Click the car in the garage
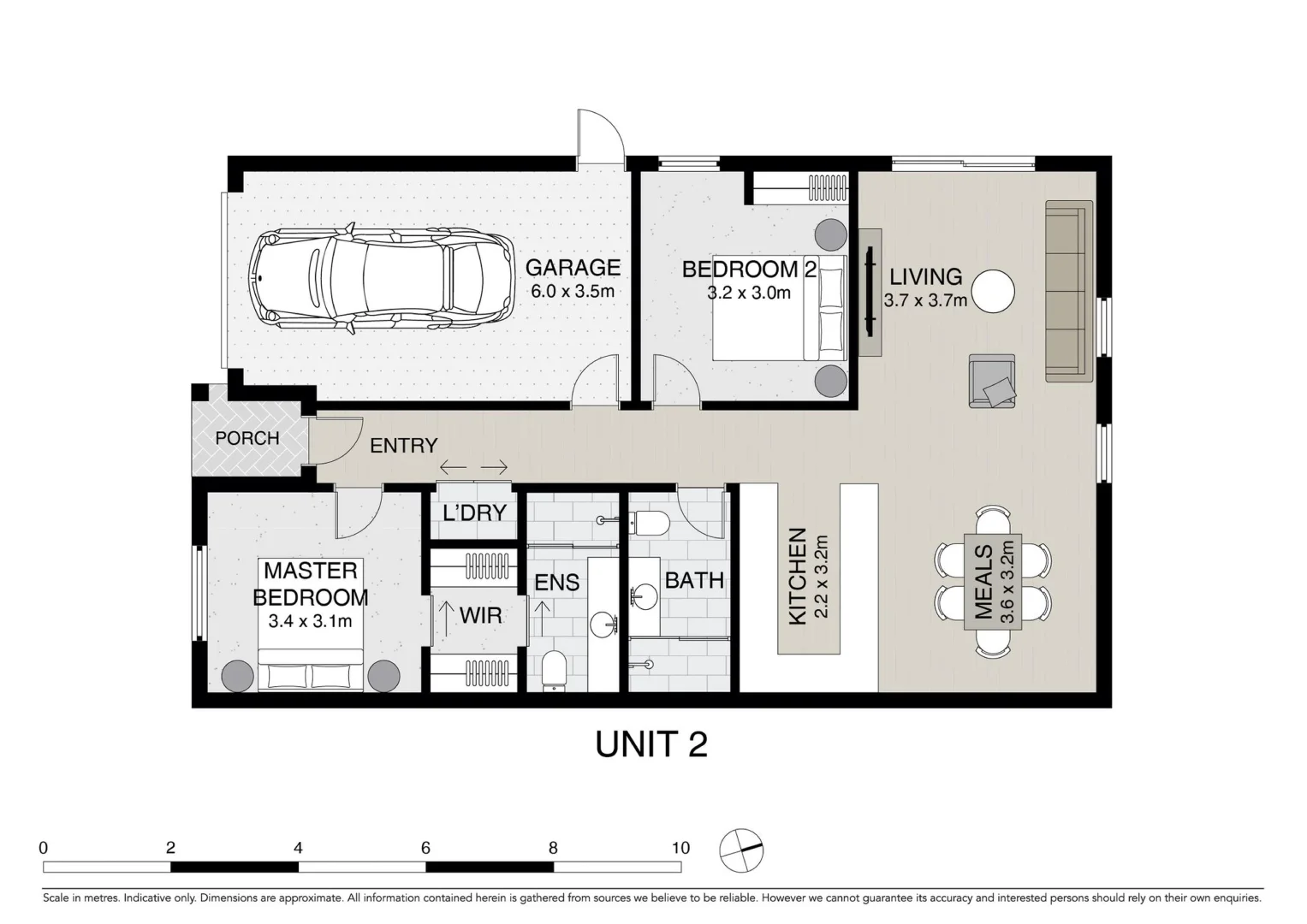click(x=381, y=279)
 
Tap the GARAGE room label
click(x=573, y=268)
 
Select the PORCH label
click(x=247, y=438)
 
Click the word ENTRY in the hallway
click(x=403, y=446)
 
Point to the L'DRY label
click(x=474, y=513)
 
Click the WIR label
click(x=480, y=615)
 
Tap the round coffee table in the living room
click(x=992, y=292)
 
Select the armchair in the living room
click(x=992, y=381)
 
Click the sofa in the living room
click(x=1068, y=291)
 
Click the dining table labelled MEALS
click(x=992, y=582)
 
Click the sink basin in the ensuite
click(x=609, y=622)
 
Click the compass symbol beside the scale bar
click(x=741, y=850)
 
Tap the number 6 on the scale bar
click(x=425, y=848)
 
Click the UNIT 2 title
click(x=651, y=744)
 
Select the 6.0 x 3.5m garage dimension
click(x=573, y=291)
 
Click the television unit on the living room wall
click(x=870, y=292)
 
